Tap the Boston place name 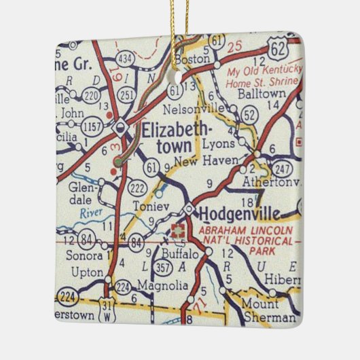[x=193, y=60]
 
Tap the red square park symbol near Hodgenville [x=179, y=230]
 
